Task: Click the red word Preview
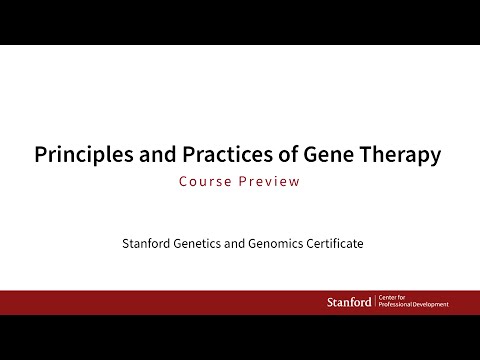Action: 273,182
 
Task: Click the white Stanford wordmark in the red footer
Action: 349,302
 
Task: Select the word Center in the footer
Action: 391,298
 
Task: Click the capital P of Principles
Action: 40,156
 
